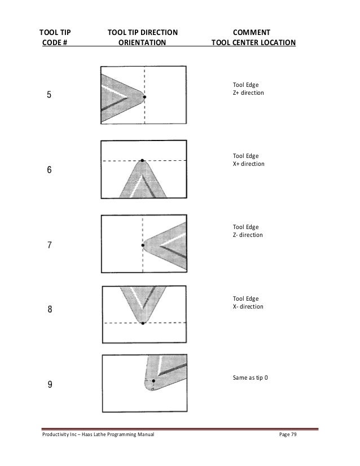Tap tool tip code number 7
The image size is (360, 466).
(x=50, y=245)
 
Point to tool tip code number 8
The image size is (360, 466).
(x=50, y=310)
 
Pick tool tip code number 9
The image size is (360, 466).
(x=50, y=385)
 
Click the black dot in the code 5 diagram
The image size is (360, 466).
(x=144, y=97)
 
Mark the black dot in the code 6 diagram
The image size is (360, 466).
(x=142, y=161)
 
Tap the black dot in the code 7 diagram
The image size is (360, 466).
(x=143, y=245)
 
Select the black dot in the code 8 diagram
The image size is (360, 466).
(x=143, y=323)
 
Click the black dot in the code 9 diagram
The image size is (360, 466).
(x=153, y=381)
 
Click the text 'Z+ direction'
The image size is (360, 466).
(x=248, y=93)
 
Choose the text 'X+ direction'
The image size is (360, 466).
(x=248, y=164)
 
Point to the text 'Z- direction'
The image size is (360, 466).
(x=248, y=235)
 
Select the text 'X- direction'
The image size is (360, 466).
(x=248, y=306)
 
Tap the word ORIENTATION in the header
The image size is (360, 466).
(x=142, y=42)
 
